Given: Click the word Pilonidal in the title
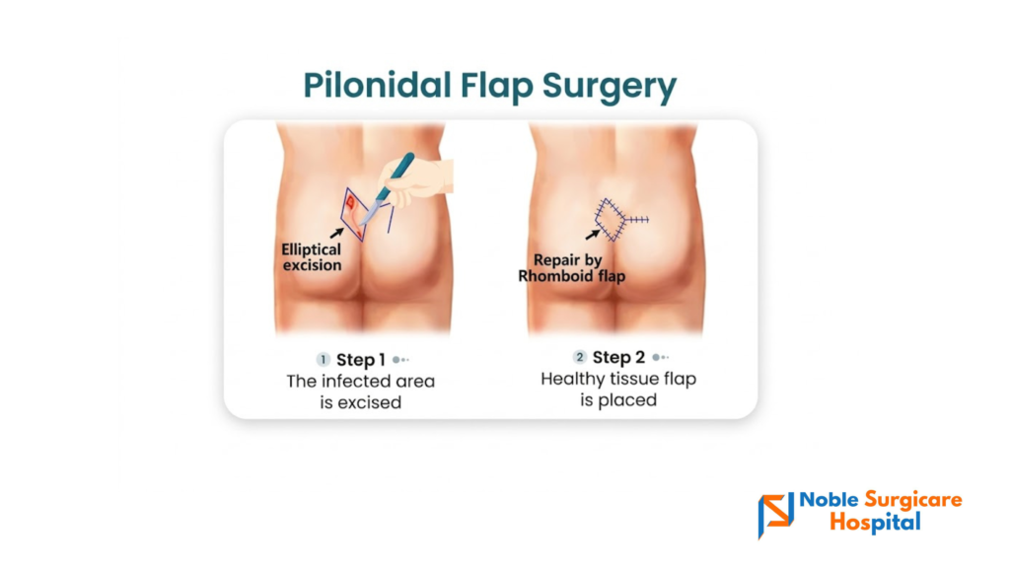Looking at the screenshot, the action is coord(377,85).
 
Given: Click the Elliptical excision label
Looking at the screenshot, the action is coord(312,257).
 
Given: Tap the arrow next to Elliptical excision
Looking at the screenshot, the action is coord(336,233).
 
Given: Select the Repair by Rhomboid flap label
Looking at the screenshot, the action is coord(571,268).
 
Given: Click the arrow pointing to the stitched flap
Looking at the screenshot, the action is coord(592,235).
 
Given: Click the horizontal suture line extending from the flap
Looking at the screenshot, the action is coord(637,220).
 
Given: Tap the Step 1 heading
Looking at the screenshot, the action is coord(361,359).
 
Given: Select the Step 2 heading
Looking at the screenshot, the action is coord(618,357).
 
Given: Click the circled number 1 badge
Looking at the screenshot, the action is coord(324,359).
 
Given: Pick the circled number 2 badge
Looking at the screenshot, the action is coord(580,357).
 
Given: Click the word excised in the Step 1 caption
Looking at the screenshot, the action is coord(371,402).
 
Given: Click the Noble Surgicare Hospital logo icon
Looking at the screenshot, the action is coord(775,515).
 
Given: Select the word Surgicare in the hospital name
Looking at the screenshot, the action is coord(913,500).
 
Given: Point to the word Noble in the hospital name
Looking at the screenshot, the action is coord(829,500).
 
